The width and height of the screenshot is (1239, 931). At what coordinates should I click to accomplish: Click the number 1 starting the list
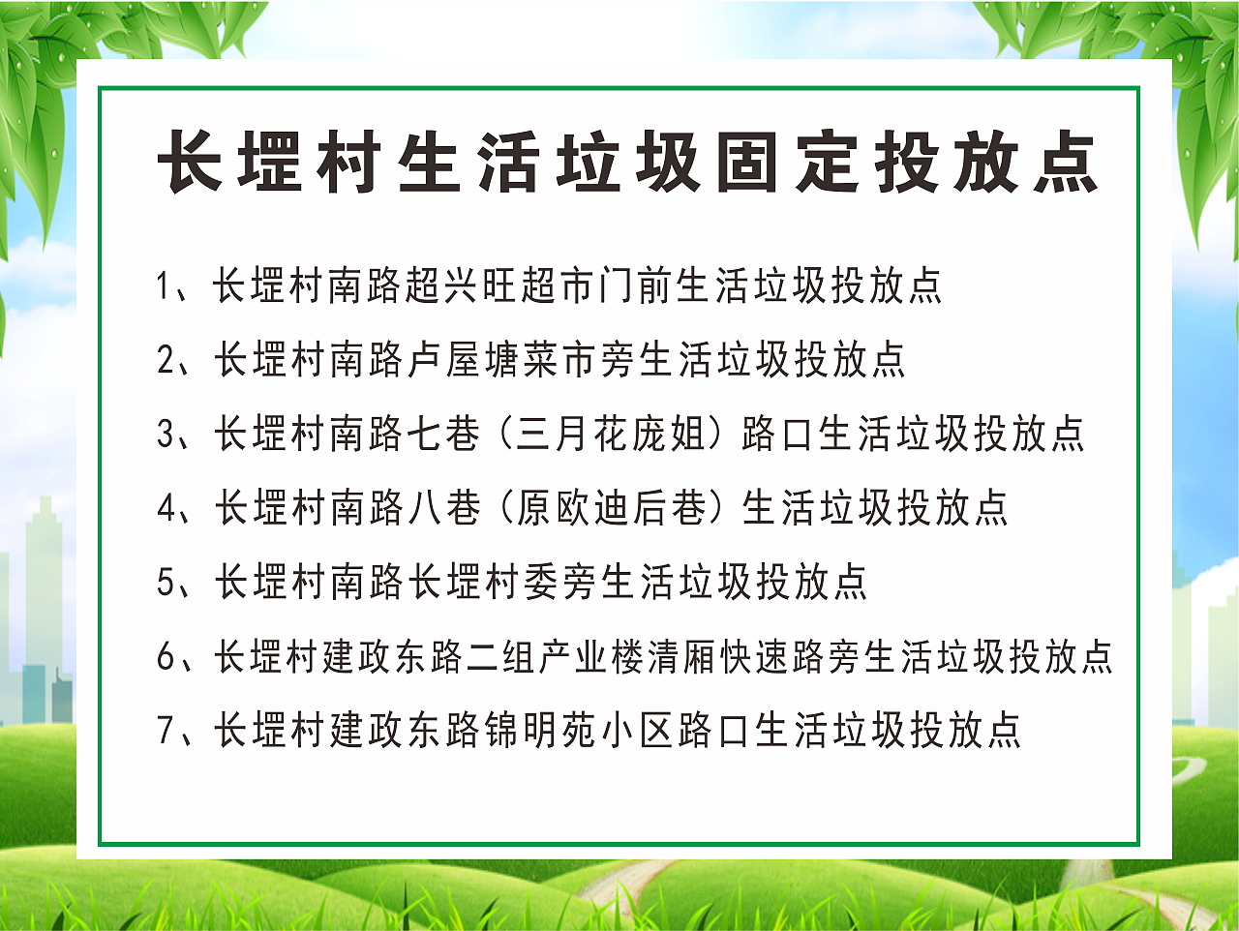click(x=164, y=286)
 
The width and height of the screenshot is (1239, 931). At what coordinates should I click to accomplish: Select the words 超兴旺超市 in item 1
click(x=499, y=285)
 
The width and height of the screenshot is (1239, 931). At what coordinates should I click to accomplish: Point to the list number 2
click(x=166, y=360)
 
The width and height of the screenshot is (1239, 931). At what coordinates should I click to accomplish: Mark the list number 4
click(x=166, y=508)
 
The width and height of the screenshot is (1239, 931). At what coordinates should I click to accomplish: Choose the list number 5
click(x=166, y=583)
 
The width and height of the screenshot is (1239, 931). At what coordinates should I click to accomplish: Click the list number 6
click(x=166, y=657)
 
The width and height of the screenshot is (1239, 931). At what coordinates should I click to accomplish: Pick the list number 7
click(x=166, y=731)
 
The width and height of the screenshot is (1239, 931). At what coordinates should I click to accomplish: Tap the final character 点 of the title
click(x=1065, y=162)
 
